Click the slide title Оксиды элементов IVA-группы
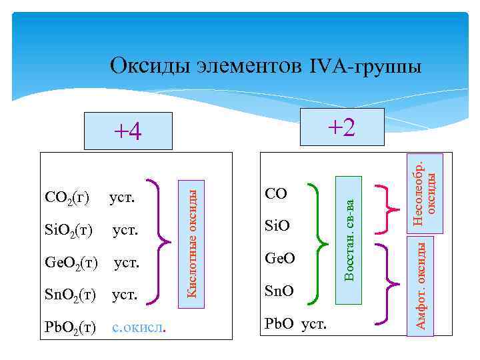point(265,66)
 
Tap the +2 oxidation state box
point(342,127)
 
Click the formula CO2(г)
point(67,199)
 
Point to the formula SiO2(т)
point(67,231)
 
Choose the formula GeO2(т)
point(71,263)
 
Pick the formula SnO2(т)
point(70,294)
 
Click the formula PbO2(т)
point(70,327)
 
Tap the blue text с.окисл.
point(139,327)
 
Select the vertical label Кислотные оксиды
point(191,239)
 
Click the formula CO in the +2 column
point(276,194)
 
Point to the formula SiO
point(277,226)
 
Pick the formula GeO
point(279,258)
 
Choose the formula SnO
point(279,291)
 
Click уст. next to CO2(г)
point(122,198)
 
